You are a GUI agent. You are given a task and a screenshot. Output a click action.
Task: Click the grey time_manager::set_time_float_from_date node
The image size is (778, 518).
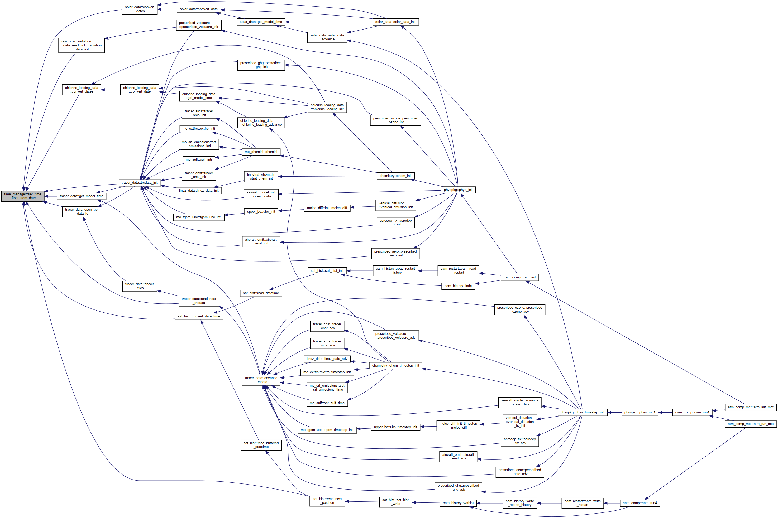[x=22, y=196]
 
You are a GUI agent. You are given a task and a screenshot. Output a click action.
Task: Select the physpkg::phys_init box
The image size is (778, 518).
[x=458, y=190]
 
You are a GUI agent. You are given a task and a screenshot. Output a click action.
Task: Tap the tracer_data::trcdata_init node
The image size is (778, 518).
[x=139, y=183]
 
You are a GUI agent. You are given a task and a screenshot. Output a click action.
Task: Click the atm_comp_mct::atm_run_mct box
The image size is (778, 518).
[x=750, y=424]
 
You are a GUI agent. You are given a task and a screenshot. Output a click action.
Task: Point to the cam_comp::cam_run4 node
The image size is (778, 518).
[x=639, y=503]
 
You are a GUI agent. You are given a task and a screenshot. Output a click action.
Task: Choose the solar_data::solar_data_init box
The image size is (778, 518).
[x=395, y=22]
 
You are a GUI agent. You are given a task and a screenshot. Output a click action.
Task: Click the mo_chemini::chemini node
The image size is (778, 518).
[x=261, y=152]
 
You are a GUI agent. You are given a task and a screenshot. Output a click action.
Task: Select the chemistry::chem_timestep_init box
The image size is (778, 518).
[x=395, y=366]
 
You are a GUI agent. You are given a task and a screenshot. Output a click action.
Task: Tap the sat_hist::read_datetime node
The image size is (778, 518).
[x=261, y=293]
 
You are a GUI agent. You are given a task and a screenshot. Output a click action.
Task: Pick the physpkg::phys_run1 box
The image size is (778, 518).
[x=639, y=412]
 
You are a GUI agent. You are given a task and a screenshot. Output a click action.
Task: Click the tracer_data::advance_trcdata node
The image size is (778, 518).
[x=261, y=380]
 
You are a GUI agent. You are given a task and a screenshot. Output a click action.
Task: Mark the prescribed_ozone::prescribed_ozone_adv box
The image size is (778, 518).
[x=519, y=309]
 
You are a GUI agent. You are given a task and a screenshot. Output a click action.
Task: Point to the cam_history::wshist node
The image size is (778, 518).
[x=458, y=503]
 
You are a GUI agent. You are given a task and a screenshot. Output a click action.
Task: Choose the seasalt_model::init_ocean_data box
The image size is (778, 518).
[x=261, y=194]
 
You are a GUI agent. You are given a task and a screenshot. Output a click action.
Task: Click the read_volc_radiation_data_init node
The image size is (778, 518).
[x=81, y=46]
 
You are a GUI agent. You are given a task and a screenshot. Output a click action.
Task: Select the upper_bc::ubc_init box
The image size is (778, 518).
[x=261, y=212]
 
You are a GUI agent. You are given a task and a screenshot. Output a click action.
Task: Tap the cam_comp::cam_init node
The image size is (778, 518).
[x=519, y=278]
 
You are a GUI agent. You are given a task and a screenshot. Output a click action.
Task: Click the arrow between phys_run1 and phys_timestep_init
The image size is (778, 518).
[x=615, y=412]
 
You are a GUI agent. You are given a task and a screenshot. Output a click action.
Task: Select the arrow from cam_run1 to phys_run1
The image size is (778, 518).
[x=665, y=412]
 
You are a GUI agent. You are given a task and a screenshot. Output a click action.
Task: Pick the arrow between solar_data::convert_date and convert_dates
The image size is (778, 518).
[x=167, y=9]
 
